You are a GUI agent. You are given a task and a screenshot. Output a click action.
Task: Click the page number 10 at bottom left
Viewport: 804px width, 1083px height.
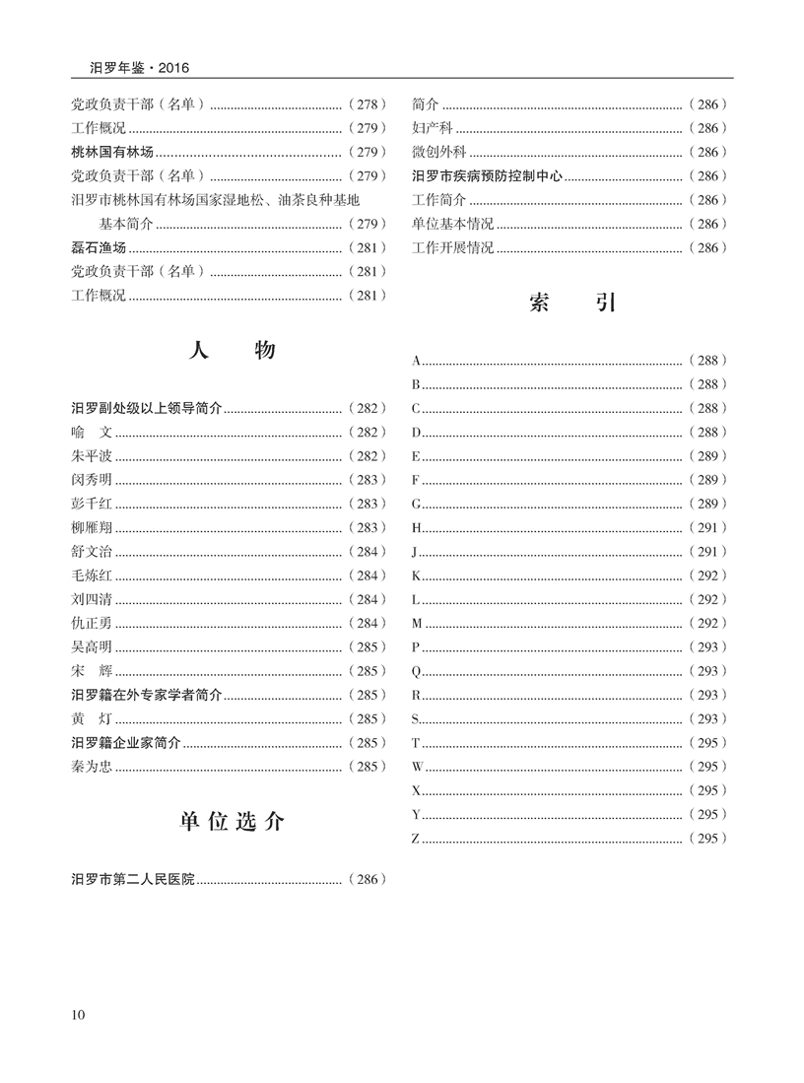point(80,1015)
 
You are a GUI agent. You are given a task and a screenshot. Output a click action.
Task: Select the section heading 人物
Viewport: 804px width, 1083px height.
point(232,352)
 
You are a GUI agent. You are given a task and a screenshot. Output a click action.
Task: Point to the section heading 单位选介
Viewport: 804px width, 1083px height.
point(232,822)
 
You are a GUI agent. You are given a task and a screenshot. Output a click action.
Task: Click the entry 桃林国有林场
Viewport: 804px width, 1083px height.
point(113,152)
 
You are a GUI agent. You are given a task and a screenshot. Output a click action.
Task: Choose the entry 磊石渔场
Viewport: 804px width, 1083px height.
point(100,247)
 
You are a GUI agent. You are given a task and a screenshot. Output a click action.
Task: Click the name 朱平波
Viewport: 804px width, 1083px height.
point(92,455)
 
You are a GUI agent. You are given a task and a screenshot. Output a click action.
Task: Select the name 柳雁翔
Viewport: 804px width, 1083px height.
point(92,527)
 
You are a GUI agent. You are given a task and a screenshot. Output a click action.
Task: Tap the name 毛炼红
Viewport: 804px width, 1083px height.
point(92,575)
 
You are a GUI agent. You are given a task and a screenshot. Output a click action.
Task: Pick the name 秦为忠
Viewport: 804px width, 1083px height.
point(92,767)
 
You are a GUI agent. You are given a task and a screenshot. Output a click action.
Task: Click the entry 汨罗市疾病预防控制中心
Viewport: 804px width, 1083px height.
point(487,175)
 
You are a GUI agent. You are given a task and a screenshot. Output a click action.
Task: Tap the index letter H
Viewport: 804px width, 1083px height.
point(417,527)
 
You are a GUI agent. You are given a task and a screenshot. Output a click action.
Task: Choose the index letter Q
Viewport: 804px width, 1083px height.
point(417,671)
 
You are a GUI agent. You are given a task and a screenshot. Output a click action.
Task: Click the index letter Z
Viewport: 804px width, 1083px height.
point(416,839)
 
